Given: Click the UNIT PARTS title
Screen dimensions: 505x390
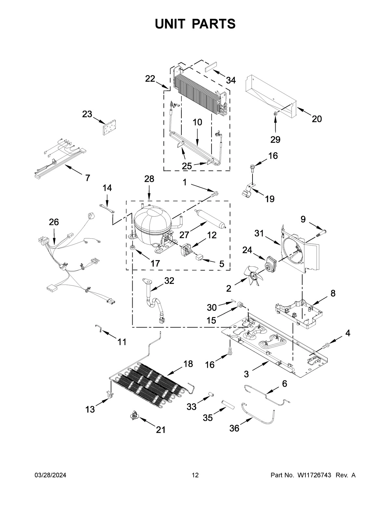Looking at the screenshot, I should (195, 24).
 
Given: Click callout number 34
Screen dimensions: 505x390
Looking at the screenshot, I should (231, 80).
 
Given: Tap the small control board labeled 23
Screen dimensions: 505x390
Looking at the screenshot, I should (109, 126).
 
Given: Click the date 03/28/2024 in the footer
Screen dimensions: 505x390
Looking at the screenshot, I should (50, 475).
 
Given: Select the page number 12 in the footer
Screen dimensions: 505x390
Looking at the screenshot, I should (195, 475).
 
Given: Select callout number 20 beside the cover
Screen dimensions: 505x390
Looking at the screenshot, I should (317, 119).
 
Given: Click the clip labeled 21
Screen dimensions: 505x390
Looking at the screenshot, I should (134, 415).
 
